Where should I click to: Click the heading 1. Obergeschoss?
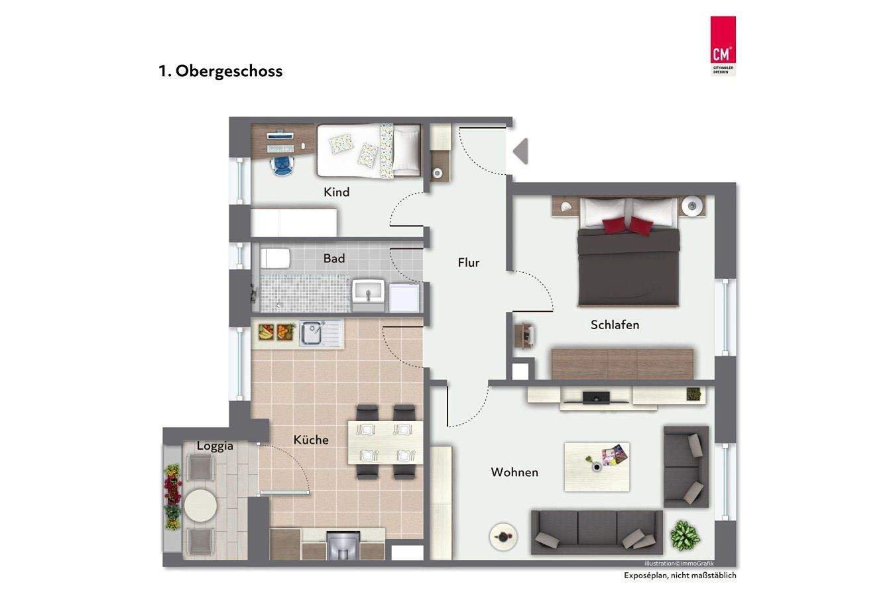[221, 71]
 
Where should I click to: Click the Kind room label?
[336, 193]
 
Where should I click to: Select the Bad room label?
[334, 258]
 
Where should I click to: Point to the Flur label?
[468, 263]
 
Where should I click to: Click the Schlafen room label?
[615, 325]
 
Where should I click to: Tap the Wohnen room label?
[514, 472]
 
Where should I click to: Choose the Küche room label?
[311, 440]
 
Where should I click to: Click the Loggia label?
[215, 446]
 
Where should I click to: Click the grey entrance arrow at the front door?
[521, 151]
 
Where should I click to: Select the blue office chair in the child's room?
[282, 164]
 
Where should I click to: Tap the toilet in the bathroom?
[274, 258]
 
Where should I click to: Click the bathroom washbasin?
[367, 291]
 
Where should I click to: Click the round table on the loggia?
[200, 507]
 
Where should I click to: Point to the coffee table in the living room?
[597, 467]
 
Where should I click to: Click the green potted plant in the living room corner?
[683, 534]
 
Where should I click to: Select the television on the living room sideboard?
[595, 397]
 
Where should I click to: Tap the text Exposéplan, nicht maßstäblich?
[680, 575]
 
